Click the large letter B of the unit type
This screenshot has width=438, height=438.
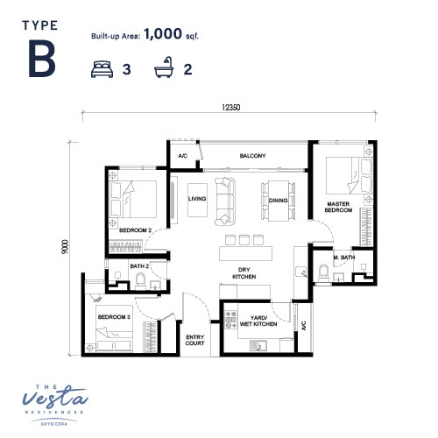(x=42, y=59)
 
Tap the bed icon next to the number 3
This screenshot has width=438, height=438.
(x=102, y=69)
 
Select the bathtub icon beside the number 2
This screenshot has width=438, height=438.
(x=164, y=67)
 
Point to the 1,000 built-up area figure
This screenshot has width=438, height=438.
(x=163, y=33)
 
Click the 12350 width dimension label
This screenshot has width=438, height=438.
(x=231, y=108)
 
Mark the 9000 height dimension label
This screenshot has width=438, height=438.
(x=65, y=246)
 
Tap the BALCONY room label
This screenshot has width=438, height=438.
(x=252, y=156)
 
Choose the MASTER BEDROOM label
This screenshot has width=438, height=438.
(x=338, y=207)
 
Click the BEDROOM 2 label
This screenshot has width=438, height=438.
(x=135, y=230)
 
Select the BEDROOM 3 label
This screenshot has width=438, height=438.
(x=114, y=317)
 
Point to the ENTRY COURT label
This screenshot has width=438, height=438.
(x=194, y=340)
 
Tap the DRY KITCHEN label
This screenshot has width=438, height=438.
(x=244, y=273)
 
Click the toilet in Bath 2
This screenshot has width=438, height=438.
(x=140, y=281)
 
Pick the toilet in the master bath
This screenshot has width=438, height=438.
(x=323, y=273)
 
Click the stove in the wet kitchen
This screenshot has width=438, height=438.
(x=230, y=320)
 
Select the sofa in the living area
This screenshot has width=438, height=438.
(x=225, y=201)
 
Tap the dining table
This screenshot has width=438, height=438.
(x=279, y=201)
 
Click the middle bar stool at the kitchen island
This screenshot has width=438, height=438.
(x=244, y=240)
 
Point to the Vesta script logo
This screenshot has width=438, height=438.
(x=55, y=398)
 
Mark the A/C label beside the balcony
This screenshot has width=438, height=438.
(x=183, y=156)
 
